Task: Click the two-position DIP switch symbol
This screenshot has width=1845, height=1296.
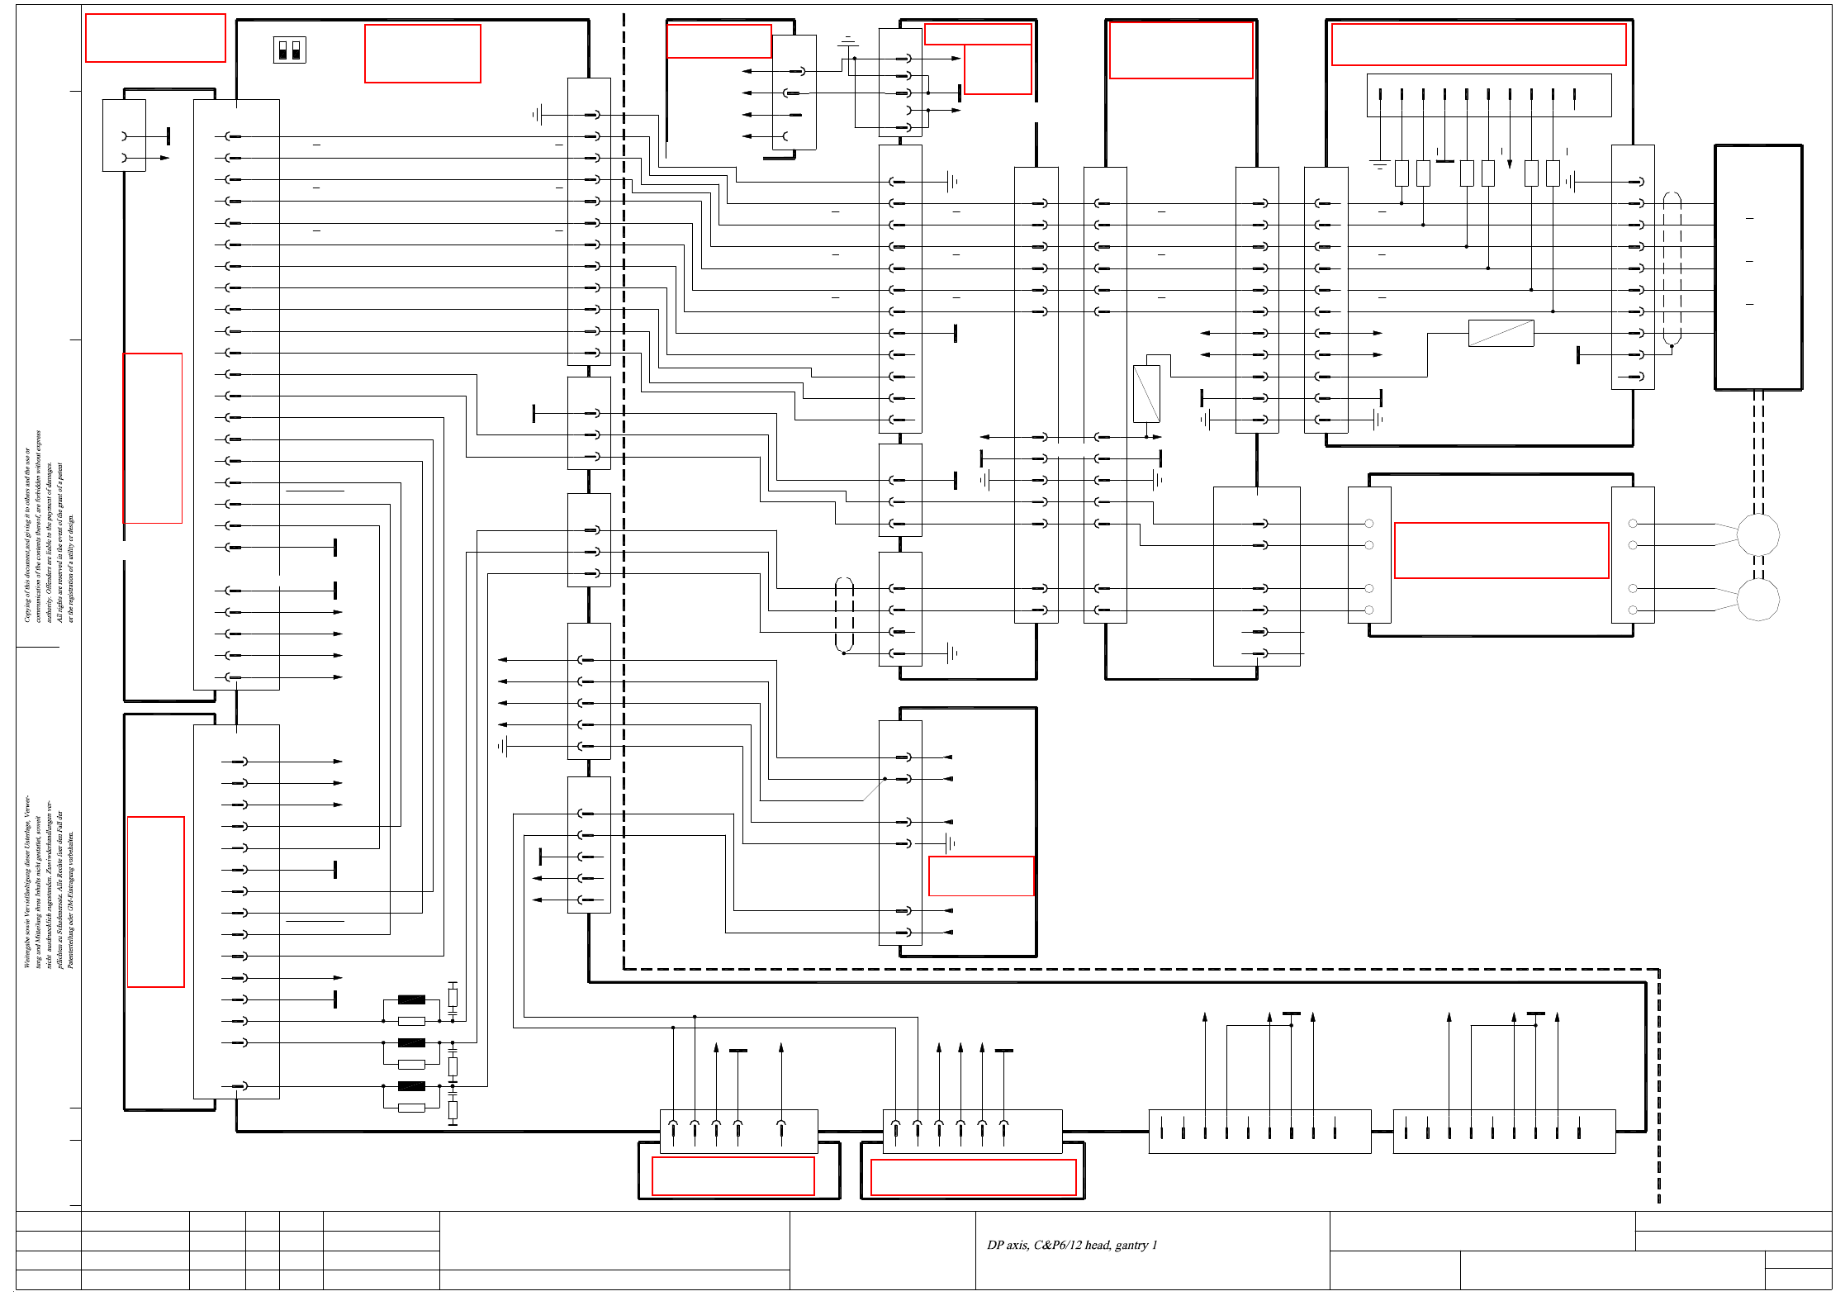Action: [x=289, y=50]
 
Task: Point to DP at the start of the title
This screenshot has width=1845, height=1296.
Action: [x=995, y=1245]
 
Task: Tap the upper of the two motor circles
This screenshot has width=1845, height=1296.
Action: [x=1757, y=534]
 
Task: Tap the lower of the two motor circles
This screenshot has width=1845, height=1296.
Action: [x=1757, y=599]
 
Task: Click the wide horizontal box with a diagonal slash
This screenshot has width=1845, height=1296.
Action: [x=1501, y=333]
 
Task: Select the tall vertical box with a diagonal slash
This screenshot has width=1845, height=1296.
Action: [x=1146, y=393]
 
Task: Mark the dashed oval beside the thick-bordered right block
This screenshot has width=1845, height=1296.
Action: [x=1672, y=268]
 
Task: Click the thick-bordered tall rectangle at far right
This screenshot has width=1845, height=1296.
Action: [x=1758, y=267]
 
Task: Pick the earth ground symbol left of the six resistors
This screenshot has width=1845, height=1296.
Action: [x=1379, y=164]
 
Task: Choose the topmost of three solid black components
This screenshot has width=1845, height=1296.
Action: [x=411, y=999]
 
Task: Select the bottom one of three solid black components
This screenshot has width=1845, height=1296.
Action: [x=411, y=1086]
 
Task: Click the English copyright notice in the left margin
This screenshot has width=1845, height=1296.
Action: [x=49, y=529]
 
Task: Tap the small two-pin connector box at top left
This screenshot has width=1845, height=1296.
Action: [x=124, y=135]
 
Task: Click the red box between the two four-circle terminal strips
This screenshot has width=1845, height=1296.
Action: [x=1501, y=550]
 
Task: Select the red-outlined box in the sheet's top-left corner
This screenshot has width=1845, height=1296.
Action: [x=155, y=38]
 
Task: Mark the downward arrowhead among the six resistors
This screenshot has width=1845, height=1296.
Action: [x=1510, y=164]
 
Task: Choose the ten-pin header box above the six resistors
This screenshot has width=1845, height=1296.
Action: [x=1488, y=95]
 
